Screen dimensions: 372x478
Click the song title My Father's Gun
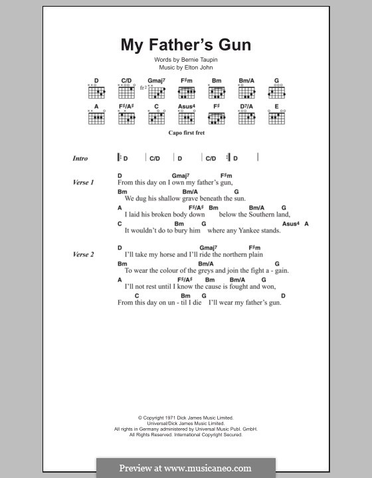(x=185, y=45)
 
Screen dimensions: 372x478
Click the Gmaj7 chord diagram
(x=155, y=90)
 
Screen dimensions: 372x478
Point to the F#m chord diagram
(x=186, y=90)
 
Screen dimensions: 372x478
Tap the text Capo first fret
(x=185, y=133)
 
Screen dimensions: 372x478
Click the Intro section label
(x=80, y=159)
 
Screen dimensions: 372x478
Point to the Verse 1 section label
(x=84, y=182)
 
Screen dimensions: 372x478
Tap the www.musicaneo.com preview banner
(x=186, y=467)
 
